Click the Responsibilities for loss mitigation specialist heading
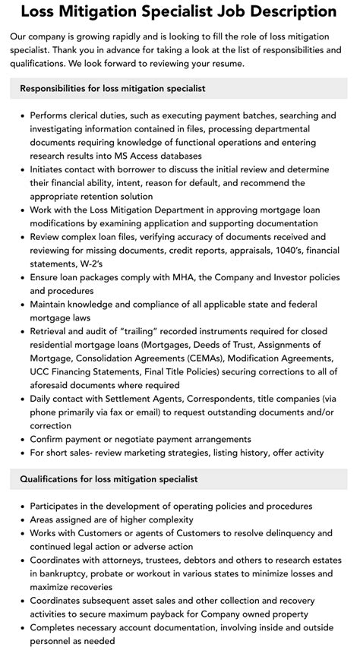(112, 89)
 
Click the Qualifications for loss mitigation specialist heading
(109, 479)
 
